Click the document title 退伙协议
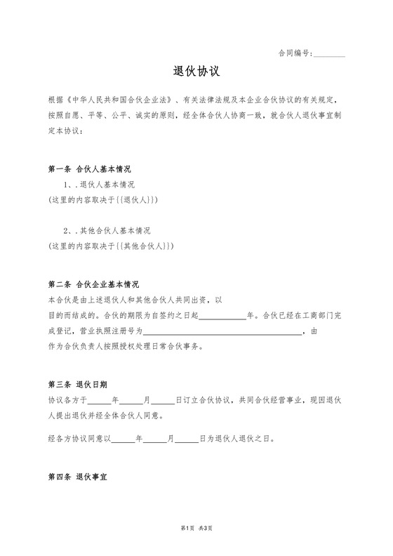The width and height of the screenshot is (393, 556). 196,72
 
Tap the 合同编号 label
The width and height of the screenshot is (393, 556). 295,53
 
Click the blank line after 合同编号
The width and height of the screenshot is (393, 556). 329,54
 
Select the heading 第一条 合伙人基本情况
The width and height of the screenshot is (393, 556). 90,170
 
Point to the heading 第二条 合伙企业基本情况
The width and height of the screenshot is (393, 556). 94,285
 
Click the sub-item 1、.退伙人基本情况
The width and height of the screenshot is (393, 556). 99,185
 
